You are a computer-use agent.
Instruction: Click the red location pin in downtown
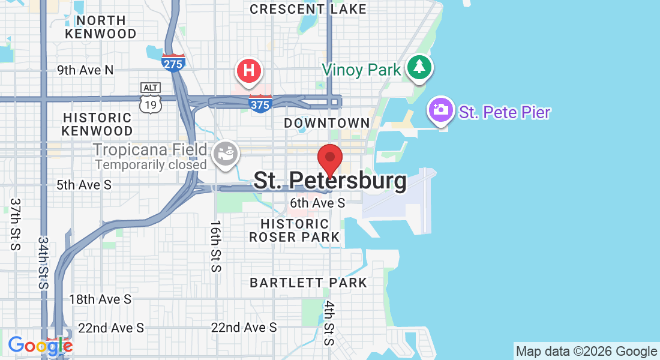[x=329, y=158]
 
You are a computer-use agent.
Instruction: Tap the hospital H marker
[x=249, y=71]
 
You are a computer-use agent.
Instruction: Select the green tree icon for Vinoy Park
[x=419, y=67]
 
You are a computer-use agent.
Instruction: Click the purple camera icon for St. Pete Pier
[x=441, y=110]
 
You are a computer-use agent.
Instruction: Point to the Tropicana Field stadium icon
[x=227, y=153]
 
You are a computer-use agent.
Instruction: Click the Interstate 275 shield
[x=173, y=62]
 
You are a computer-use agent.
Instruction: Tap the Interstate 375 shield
[x=260, y=103]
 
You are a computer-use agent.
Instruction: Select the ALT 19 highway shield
[x=150, y=98]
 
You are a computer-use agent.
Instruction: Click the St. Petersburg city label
[x=329, y=181]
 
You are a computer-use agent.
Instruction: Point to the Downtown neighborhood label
[x=327, y=123]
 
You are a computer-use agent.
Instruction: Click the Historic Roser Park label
[x=295, y=230]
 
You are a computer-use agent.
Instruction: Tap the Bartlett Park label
[x=308, y=283]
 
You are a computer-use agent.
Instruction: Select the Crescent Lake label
[x=308, y=9]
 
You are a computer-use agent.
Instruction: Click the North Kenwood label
[x=101, y=27]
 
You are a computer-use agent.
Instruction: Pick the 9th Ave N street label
[x=85, y=70]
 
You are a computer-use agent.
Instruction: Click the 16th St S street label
[x=215, y=246]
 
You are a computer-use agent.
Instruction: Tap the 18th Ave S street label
[x=100, y=299]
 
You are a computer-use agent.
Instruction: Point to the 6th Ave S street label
[x=317, y=203]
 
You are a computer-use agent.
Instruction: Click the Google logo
[x=40, y=346]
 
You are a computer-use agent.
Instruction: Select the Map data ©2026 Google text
[x=586, y=352]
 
